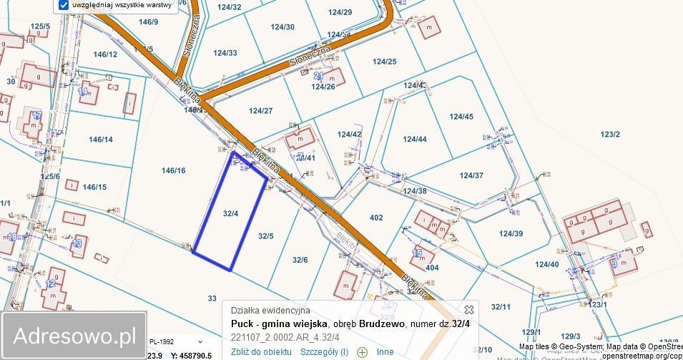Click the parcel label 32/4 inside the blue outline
pos(230,213)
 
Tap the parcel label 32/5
pos(266,235)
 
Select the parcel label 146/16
pos(173,170)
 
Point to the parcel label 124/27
pos(261,111)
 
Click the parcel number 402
pos(376,218)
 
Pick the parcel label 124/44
pos(415,139)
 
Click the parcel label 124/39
pos(511,233)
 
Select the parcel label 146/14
pos(98,140)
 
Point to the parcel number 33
pos(212,298)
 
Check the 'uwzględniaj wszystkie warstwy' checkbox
pos(64,5)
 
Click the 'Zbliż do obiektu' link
pos(261,351)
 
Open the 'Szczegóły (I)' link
pos(324,351)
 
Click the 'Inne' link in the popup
pos(385,351)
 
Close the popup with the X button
pos(469,310)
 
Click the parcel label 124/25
pos(384,62)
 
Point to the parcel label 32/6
pos(300,260)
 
